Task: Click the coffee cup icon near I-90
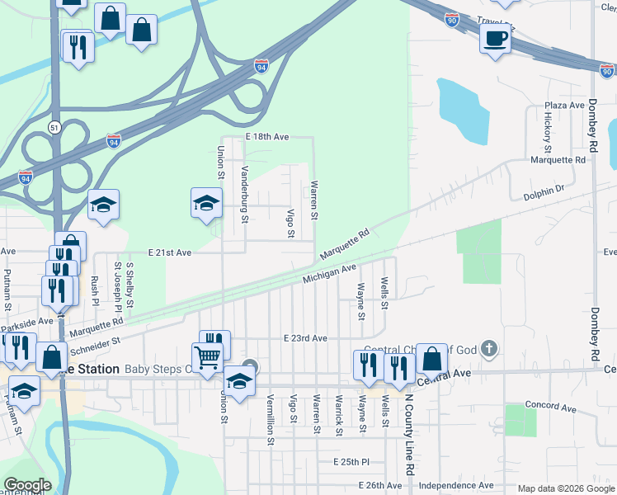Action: tap(495, 39)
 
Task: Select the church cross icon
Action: tap(489, 349)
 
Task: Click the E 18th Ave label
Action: tap(266, 135)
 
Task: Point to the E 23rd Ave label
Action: tap(305, 338)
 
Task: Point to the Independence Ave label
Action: tap(456, 485)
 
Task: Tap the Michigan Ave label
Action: tap(328, 273)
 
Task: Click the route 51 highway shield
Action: tap(54, 127)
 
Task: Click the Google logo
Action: tap(26, 485)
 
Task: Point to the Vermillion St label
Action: tap(270, 419)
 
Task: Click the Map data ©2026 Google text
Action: tap(566, 488)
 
